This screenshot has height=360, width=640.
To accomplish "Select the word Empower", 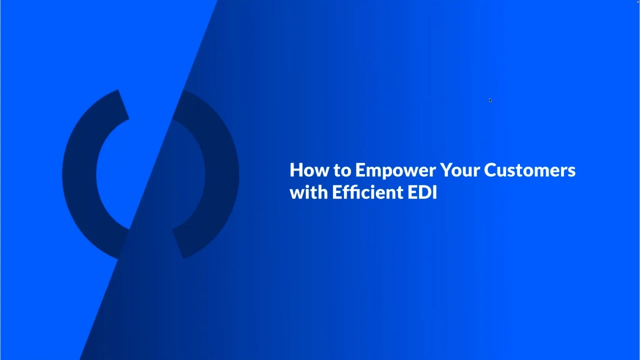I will (395, 170).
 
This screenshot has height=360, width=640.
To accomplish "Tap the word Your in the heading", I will (459, 170).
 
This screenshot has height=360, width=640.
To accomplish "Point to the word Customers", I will (529, 170).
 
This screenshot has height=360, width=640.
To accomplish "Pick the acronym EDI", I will (422, 192).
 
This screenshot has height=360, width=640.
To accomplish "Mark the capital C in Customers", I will (490, 170).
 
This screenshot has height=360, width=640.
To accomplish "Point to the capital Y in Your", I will (445, 170).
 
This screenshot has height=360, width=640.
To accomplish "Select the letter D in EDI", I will (424, 192).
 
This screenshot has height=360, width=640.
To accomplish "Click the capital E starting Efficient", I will (337, 192).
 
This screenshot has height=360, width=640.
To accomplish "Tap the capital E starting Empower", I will (360, 170).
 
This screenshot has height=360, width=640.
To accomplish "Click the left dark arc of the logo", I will (80, 175).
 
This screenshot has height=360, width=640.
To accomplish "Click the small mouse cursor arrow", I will (490, 100).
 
